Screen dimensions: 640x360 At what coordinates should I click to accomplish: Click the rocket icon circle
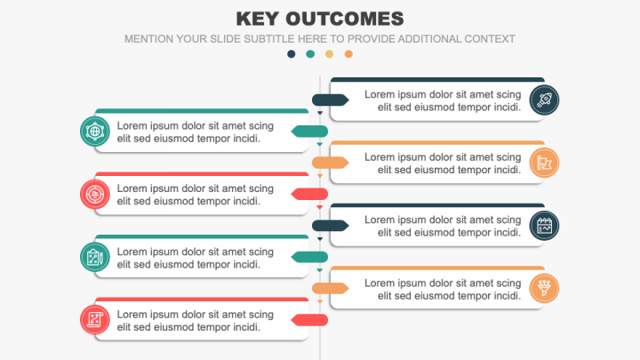[x=544, y=100]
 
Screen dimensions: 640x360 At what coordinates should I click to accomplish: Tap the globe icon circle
[x=95, y=132]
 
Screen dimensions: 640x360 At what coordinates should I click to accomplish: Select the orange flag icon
[x=544, y=163]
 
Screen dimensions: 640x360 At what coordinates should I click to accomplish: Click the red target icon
[x=95, y=195]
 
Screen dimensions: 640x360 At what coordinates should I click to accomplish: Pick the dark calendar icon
[x=544, y=226]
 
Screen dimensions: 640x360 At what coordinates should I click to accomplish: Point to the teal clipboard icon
[x=95, y=257]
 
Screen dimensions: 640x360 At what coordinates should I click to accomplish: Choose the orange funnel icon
[x=544, y=289]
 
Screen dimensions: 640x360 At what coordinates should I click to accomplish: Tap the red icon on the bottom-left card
[x=95, y=320]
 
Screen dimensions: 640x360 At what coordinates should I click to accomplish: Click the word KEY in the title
[x=258, y=19]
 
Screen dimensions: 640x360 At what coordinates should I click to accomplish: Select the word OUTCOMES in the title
[x=345, y=19]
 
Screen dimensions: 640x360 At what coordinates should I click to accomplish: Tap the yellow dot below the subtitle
[x=330, y=54]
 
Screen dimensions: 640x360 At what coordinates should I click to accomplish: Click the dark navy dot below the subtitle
[x=291, y=54]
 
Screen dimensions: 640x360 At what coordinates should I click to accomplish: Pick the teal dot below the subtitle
[x=310, y=54]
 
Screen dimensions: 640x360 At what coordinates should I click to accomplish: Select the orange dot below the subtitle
[x=348, y=54]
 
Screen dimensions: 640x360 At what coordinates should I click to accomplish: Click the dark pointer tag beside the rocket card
[x=330, y=100]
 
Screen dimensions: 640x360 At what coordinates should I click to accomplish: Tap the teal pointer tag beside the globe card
[x=309, y=132]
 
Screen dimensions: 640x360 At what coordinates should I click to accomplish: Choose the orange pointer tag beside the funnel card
[x=330, y=289]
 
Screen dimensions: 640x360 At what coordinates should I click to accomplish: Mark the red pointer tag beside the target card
[x=309, y=195]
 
